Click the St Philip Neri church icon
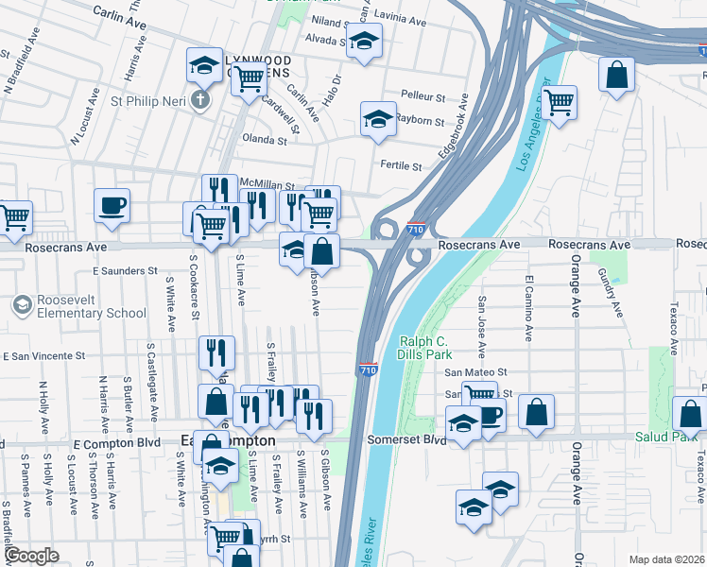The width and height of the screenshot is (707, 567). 199,100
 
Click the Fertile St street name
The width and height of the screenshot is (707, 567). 401,165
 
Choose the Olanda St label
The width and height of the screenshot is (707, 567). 265,140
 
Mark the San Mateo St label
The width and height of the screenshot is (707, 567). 476,373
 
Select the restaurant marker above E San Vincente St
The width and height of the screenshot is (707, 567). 216,352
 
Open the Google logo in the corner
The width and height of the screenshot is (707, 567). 31,556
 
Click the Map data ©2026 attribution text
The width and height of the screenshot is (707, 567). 665,559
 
